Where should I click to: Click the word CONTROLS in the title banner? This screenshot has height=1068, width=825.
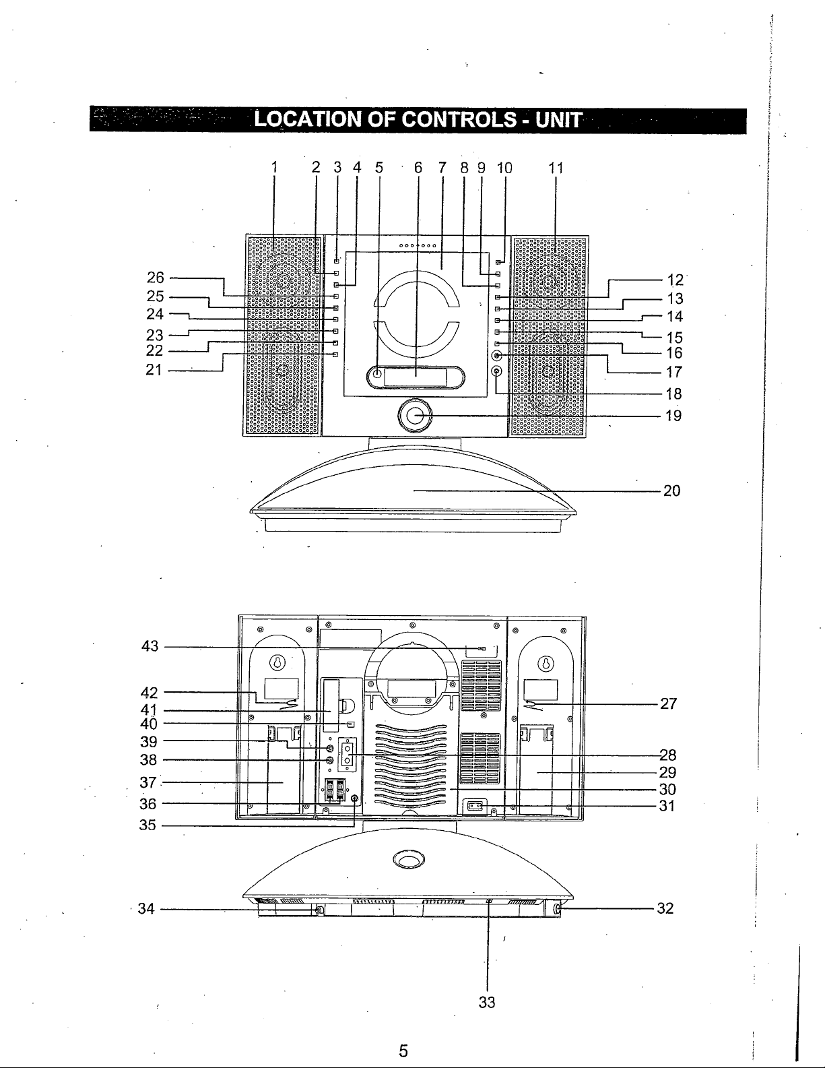[459, 119]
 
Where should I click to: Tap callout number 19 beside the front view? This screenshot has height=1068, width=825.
[673, 416]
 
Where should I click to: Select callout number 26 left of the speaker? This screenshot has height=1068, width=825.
[156, 278]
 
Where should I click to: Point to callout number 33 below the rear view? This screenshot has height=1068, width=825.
[487, 1002]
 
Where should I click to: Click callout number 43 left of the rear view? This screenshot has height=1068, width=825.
[150, 646]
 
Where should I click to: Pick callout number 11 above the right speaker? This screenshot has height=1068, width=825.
[556, 168]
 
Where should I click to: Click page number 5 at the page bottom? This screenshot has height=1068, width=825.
[403, 1050]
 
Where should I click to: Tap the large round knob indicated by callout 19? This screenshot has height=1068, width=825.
[415, 416]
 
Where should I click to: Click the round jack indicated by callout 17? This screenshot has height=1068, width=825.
[497, 355]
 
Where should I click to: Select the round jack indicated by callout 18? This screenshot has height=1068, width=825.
[497, 371]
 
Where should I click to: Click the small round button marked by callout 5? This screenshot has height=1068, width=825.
[376, 373]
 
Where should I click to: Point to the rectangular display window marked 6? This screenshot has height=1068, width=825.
[416, 377]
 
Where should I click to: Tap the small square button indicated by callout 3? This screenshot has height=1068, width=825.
[336, 261]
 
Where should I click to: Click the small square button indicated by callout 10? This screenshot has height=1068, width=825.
[498, 263]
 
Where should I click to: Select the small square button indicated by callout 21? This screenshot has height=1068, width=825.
[336, 355]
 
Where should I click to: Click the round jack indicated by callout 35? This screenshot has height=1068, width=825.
[354, 798]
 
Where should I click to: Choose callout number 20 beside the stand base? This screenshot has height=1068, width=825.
[672, 491]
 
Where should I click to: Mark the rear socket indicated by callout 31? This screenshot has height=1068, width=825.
[474, 805]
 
